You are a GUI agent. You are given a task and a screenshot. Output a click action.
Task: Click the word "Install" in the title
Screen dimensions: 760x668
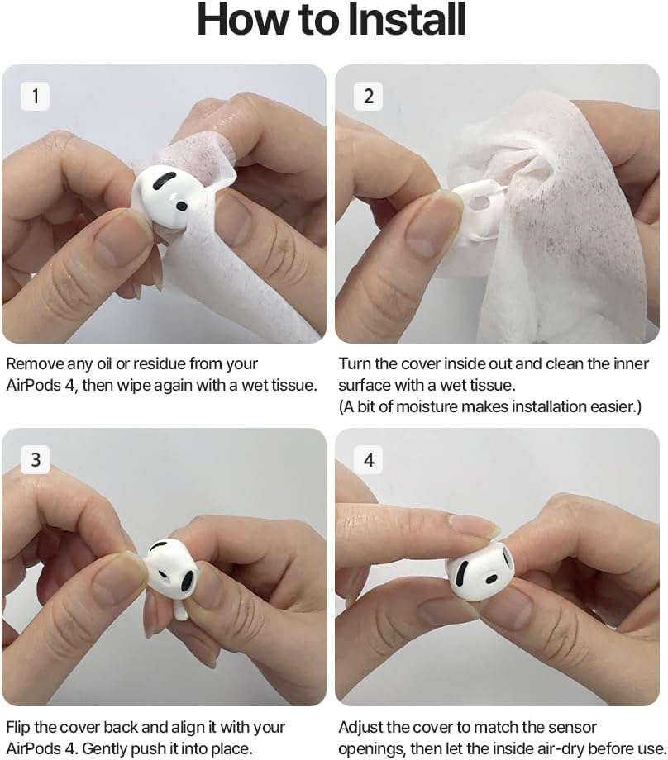(396, 20)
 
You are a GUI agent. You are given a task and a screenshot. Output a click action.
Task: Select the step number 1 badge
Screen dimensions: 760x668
(35, 97)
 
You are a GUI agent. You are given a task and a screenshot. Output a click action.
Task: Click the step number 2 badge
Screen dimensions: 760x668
(369, 97)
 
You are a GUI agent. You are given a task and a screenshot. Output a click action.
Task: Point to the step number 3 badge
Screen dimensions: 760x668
(35, 459)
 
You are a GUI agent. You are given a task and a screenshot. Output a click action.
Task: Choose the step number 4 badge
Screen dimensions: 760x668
(369, 459)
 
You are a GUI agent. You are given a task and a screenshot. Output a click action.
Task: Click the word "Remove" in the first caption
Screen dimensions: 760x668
(34, 364)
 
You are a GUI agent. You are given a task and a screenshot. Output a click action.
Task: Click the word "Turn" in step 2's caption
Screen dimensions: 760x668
(355, 364)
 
